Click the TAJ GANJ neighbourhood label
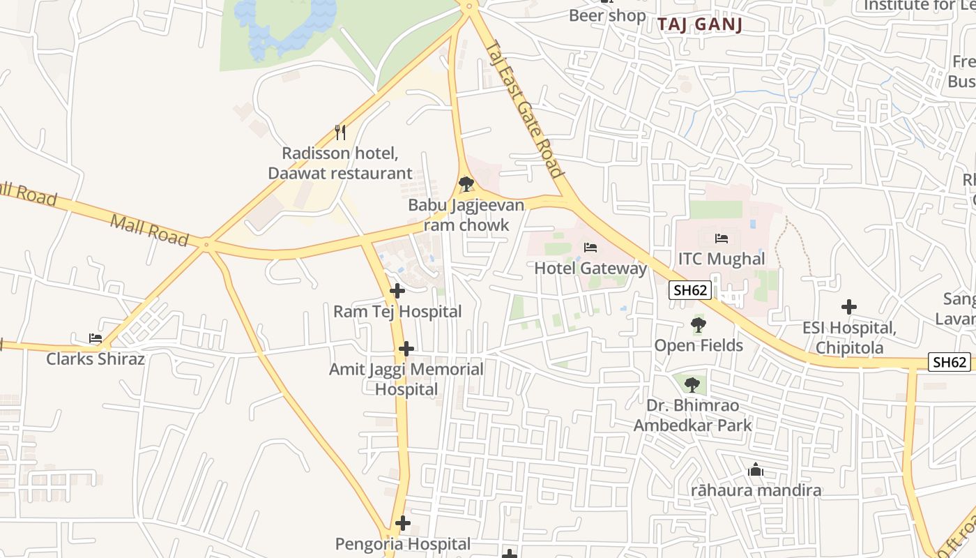[x=700, y=24]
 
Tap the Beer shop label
[x=607, y=15]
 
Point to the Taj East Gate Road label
[x=524, y=110]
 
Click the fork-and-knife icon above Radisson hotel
[x=340, y=132]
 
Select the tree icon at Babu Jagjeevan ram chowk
[x=466, y=184]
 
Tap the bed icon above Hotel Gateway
[x=590, y=248]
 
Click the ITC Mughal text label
[x=722, y=259]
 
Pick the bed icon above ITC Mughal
[x=722, y=239]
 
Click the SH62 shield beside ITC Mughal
[x=690, y=290]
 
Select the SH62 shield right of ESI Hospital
[x=950, y=362]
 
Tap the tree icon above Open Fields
[x=698, y=324]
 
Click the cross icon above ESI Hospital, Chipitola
[x=848, y=307]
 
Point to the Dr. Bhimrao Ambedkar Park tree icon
[x=692, y=384]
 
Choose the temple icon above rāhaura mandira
[x=756, y=470]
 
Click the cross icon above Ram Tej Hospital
[x=397, y=291]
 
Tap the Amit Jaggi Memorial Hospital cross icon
[x=406, y=349]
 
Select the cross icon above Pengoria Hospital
[x=402, y=523]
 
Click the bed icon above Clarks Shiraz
[x=96, y=338]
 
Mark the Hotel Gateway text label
[x=590, y=269]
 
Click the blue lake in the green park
[x=286, y=24]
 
